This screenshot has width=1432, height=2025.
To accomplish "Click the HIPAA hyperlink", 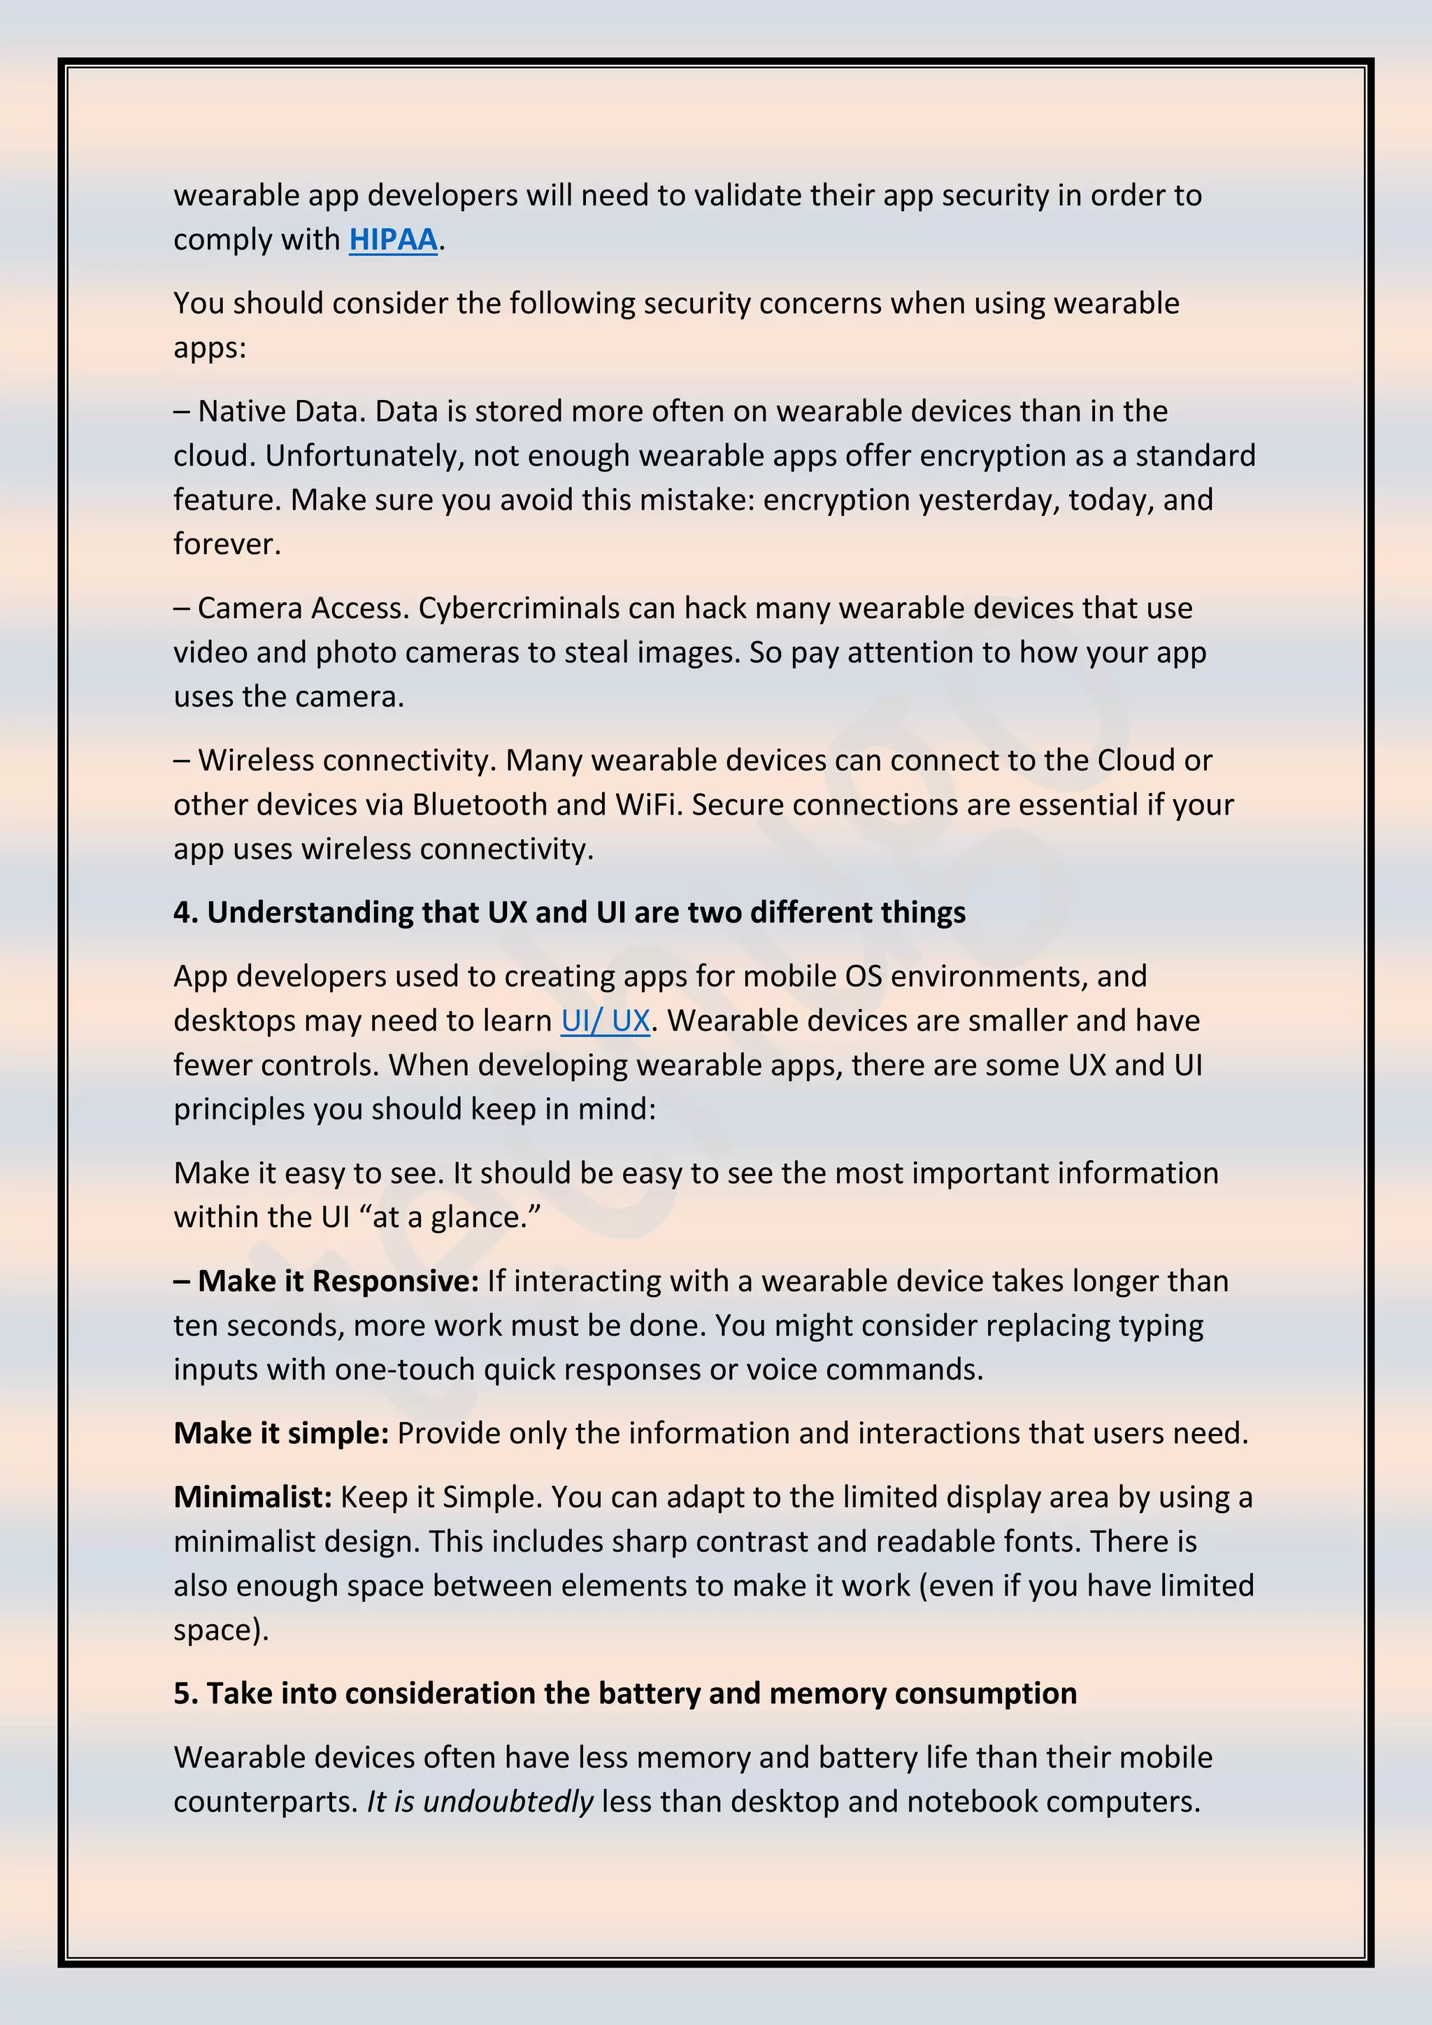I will [393, 240].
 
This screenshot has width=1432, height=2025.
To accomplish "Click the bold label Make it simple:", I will [280, 1433].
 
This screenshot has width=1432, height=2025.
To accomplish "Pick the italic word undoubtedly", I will [508, 1801].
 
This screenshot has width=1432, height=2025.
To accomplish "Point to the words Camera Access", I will [303, 608].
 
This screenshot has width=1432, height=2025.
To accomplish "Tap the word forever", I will [226, 544].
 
